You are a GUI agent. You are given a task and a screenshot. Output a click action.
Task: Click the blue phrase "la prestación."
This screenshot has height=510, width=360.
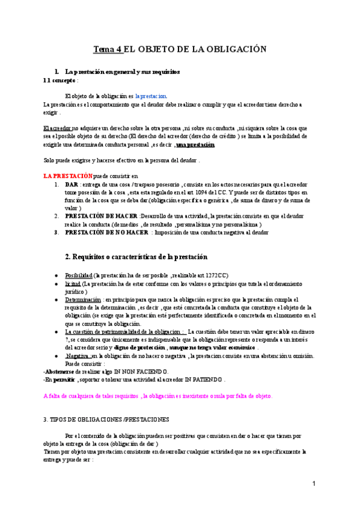[x=151, y=96]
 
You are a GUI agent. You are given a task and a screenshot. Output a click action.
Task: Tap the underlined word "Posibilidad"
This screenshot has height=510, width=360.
[x=78, y=275]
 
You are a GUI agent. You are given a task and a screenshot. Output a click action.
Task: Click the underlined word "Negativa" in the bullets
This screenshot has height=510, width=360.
[x=78, y=356]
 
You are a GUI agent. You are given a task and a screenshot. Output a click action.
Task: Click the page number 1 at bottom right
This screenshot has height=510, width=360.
[x=314, y=484]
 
